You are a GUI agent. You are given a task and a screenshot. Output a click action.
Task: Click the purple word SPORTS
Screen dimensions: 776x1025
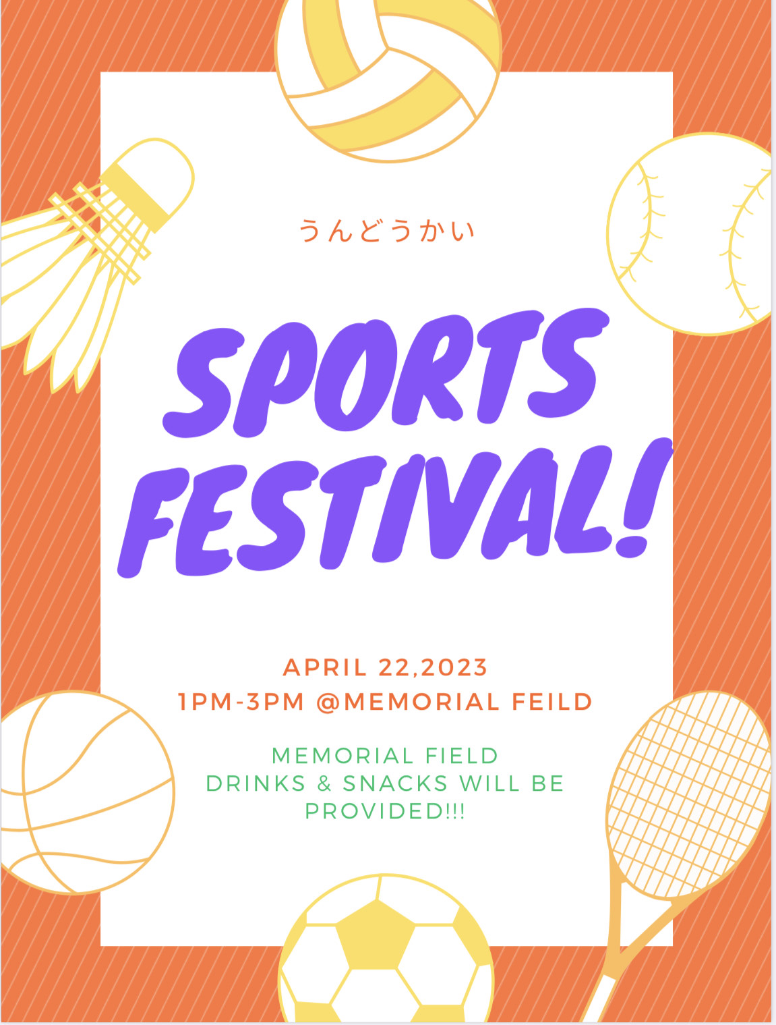[x=386, y=374]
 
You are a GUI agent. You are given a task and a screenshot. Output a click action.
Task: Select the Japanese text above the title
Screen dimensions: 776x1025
[x=386, y=230]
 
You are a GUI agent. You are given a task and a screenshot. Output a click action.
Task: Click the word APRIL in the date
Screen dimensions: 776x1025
[x=324, y=667]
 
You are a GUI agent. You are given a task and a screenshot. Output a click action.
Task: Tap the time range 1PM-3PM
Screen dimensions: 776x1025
[x=241, y=702]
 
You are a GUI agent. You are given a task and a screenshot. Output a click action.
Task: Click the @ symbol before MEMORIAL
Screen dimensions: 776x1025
[x=329, y=702]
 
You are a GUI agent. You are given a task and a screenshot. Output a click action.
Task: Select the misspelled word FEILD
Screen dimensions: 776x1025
[x=552, y=702]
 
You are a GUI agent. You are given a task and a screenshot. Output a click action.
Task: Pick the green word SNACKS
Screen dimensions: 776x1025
[x=396, y=783]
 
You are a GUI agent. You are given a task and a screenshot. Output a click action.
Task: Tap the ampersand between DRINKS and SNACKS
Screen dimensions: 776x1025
[x=324, y=783]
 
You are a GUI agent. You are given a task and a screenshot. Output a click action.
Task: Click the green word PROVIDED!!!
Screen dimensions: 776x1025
[x=385, y=811]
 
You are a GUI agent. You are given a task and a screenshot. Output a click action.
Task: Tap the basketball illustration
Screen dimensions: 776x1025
[x=86, y=792]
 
